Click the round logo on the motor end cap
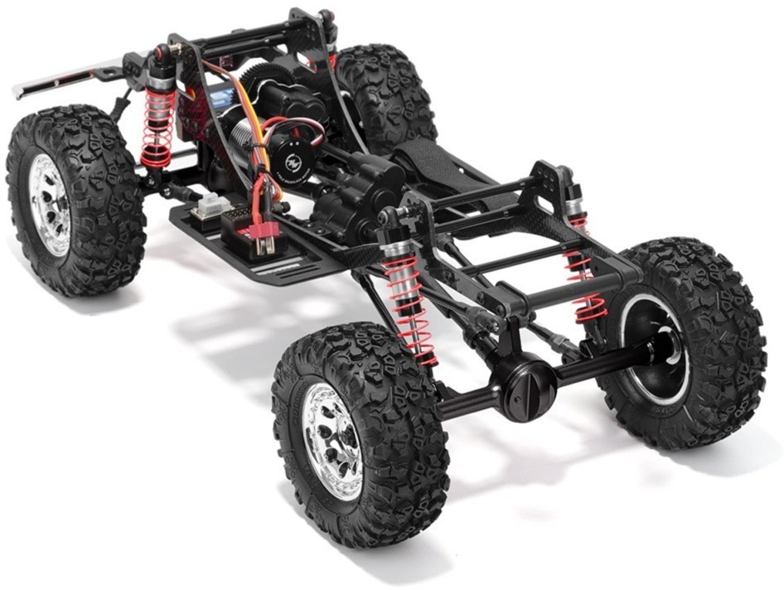[x=295, y=158]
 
